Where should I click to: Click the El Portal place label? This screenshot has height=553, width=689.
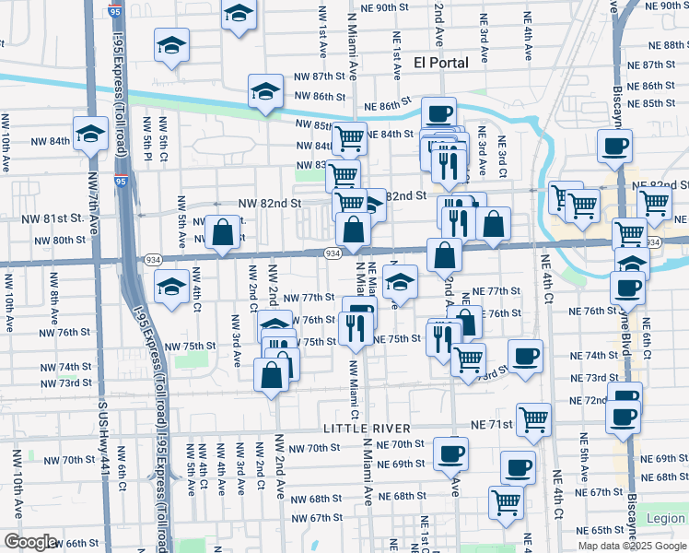coord(441,63)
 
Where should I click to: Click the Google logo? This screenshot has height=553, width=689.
coord(30,542)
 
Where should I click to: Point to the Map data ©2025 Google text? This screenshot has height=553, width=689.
coord(632,546)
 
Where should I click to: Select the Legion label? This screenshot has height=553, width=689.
coord(666,519)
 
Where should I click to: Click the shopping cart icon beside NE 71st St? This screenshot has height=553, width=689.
coord(533,419)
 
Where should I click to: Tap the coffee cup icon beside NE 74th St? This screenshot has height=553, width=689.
coord(526,356)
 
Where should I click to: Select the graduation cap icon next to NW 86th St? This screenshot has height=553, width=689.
coord(265,91)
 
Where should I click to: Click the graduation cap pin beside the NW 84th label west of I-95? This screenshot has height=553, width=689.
coord(90,134)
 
